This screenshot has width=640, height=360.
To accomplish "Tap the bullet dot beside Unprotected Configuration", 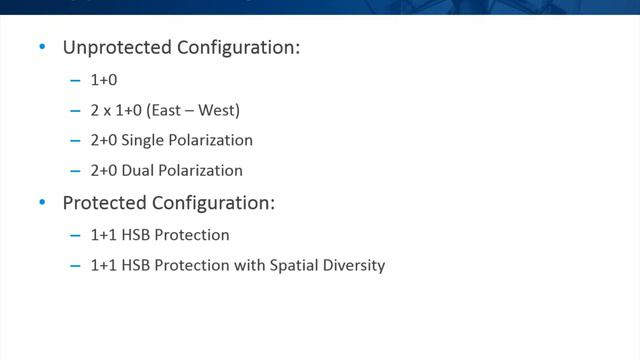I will [41, 47].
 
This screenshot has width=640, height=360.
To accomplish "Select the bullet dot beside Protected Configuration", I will [41, 203].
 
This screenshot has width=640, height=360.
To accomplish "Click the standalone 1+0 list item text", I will [105, 79].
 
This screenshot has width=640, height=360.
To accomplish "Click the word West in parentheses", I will [218, 110].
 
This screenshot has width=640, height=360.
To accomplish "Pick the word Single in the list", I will [143, 140].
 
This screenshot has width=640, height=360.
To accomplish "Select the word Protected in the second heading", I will [104, 203].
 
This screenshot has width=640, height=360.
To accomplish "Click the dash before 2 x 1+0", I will [75, 110].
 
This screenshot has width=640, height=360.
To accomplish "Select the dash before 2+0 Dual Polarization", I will [75, 170].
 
